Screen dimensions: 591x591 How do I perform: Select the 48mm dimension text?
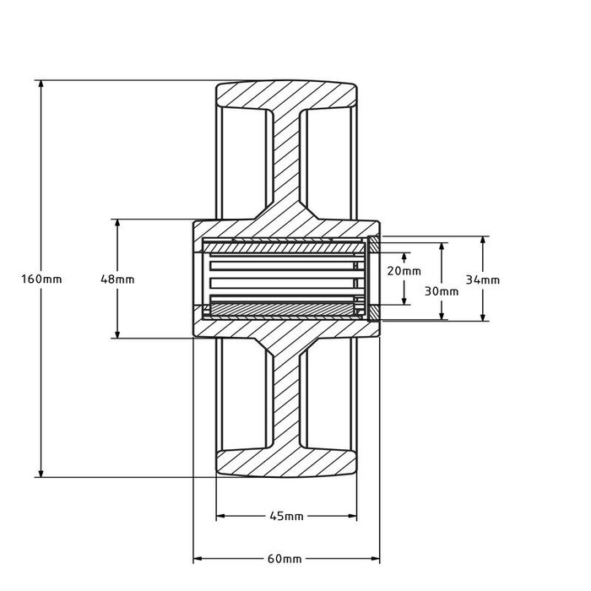pos(117,279)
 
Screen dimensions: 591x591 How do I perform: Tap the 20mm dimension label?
pos(404,271)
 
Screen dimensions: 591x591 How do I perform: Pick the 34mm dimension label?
pos(483,279)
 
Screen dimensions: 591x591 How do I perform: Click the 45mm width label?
pos(286,516)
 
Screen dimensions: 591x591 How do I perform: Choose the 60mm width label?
pos(286,559)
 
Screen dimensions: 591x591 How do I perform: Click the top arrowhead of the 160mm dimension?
pos(41,85)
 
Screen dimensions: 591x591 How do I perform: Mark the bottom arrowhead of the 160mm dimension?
pos(41,473)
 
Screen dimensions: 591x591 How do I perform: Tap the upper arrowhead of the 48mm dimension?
pos(117,225)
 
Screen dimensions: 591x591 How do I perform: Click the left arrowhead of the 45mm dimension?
pos(221,516)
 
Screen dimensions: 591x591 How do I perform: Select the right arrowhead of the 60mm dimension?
pos(375,559)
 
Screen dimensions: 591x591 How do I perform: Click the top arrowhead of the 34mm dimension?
pos(483,241)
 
